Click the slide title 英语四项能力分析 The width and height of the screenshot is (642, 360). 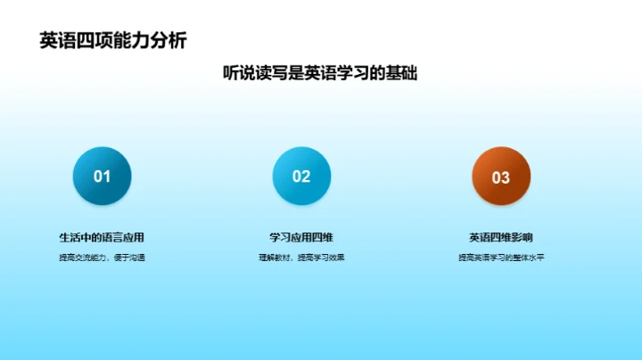[113, 40]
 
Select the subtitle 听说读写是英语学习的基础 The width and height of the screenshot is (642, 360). [320, 74]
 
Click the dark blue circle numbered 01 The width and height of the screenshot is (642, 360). [102, 176]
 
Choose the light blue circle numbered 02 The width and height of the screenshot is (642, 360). [301, 176]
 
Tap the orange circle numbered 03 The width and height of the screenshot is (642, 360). [501, 176]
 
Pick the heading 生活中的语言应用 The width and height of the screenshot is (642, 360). [102, 238]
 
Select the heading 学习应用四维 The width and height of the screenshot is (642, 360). [301, 238]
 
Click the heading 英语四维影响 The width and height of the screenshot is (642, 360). [501, 238]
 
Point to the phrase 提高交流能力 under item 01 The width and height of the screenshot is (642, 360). [82, 258]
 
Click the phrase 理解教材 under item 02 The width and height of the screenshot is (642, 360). [273, 258]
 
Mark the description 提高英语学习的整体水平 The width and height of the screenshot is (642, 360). [501, 258]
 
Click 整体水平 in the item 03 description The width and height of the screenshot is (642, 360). [528, 258]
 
